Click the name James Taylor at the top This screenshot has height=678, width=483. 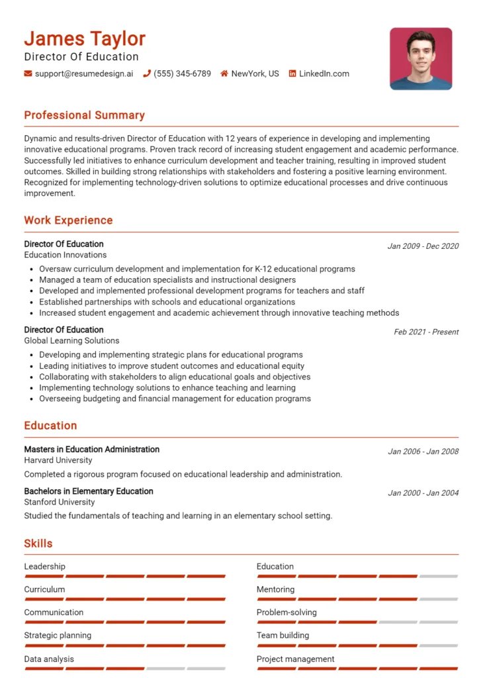click(85, 38)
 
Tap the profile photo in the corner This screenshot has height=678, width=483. click(421, 58)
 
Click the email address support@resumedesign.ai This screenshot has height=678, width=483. click(83, 73)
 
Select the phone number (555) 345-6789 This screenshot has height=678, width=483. click(182, 73)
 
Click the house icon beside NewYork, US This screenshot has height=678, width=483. click(224, 73)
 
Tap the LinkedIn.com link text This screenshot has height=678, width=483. click(324, 73)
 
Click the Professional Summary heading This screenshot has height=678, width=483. click(84, 115)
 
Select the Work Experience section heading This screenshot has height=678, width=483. click(68, 220)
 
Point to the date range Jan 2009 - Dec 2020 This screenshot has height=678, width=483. click(423, 246)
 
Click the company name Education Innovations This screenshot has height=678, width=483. click(65, 255)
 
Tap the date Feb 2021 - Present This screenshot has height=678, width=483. click(426, 332)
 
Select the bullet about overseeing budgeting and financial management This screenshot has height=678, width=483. click(175, 399)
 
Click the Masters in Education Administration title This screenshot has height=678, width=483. click(91, 450)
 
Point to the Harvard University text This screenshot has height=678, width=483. click(58, 460)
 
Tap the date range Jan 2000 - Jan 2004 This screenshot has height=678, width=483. click(423, 493)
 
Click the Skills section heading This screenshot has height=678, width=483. click(38, 544)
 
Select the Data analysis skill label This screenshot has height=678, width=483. click(49, 659)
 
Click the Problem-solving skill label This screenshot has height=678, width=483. click(286, 612)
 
